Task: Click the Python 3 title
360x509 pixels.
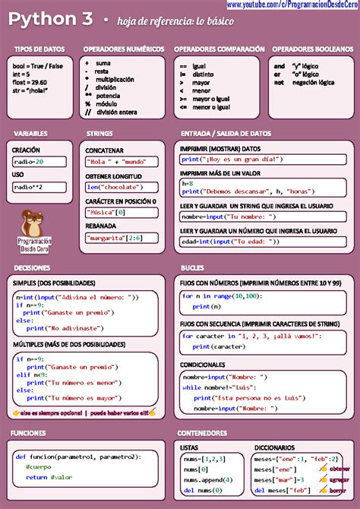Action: tap(52, 19)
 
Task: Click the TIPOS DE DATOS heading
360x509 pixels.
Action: tap(33, 49)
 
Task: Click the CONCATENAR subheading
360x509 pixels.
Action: tap(105, 150)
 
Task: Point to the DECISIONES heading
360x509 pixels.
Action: tap(33, 268)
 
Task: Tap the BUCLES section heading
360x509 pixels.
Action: tap(192, 268)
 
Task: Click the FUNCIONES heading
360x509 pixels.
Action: tap(29, 432)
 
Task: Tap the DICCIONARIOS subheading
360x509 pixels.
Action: tap(275, 447)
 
